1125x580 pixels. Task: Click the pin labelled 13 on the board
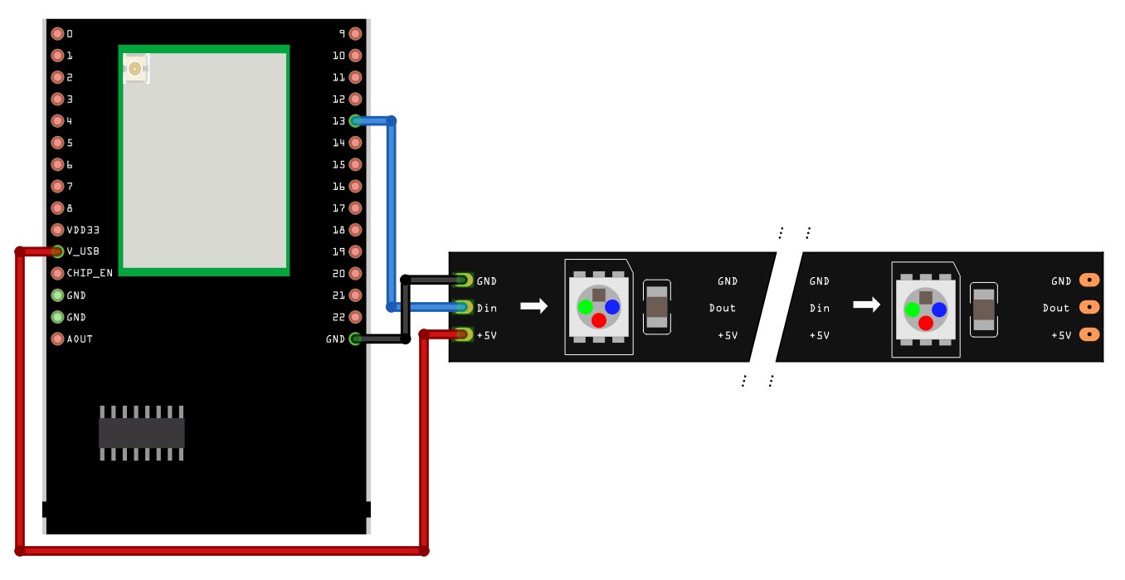click(355, 121)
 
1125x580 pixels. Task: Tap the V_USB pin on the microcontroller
click(57, 251)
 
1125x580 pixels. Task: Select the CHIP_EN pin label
click(90, 273)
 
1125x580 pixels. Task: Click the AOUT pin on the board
click(57, 339)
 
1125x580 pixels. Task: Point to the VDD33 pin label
click(83, 230)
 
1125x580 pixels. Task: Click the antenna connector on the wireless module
click(134, 70)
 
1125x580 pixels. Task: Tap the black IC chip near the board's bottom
click(141, 433)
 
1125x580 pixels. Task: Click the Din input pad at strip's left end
click(463, 308)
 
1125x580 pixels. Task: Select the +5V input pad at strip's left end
click(463, 334)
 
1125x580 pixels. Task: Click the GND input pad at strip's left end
click(463, 281)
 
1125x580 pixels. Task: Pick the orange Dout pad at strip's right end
click(1089, 308)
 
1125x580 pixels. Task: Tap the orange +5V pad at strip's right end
click(1089, 335)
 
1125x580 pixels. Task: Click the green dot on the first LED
click(586, 307)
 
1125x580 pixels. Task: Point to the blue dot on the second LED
click(939, 309)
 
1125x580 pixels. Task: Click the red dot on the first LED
click(599, 320)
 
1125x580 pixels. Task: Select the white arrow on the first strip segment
click(533, 306)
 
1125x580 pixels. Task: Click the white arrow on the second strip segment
click(866, 305)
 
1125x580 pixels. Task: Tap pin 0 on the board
click(57, 34)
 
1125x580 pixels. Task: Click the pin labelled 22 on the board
click(355, 317)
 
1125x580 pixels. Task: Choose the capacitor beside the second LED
click(984, 309)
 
